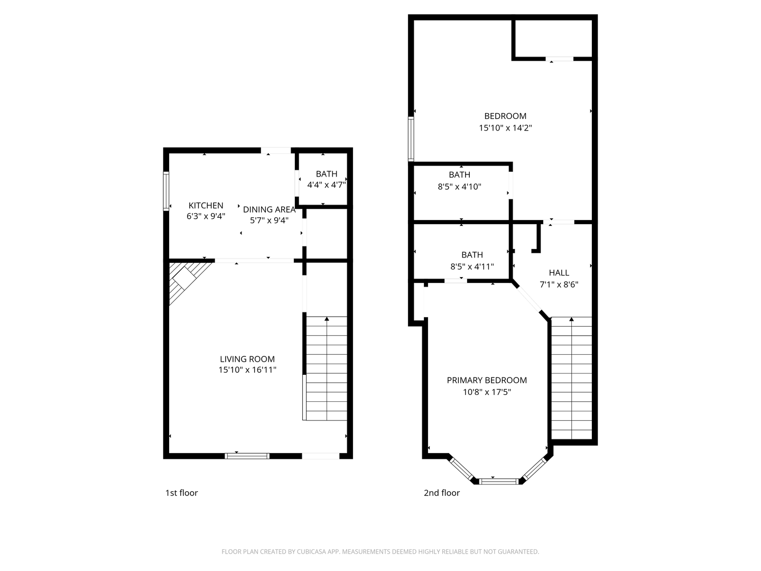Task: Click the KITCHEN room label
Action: [x=206, y=205]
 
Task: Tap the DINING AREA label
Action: [x=269, y=209]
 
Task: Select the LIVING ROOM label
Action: [x=247, y=359]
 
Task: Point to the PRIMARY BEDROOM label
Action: [x=487, y=380]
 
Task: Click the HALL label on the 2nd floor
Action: [x=559, y=273]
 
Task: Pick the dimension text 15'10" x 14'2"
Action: [x=505, y=128]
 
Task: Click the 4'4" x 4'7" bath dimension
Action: [x=326, y=185]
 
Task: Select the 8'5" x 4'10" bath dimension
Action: [x=459, y=187]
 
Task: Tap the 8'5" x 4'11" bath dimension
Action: [x=472, y=267]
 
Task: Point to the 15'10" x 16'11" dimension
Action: [x=247, y=370]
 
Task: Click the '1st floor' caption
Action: [x=181, y=493]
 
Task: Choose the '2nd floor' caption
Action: [x=442, y=493]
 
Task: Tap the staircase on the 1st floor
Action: [x=327, y=369]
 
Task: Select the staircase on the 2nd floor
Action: [x=571, y=378]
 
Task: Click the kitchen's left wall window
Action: [x=166, y=191]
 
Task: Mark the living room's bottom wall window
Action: [x=247, y=456]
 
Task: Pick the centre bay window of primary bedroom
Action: [x=499, y=481]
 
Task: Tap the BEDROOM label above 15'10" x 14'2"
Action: [x=505, y=116]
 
